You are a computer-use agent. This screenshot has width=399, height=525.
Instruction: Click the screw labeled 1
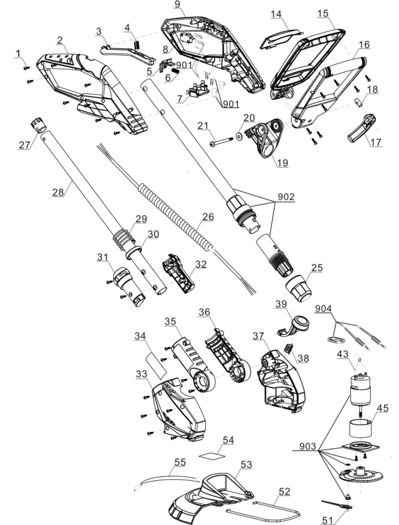tap(26, 67)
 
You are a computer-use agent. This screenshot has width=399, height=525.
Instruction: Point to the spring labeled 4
tap(136, 40)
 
